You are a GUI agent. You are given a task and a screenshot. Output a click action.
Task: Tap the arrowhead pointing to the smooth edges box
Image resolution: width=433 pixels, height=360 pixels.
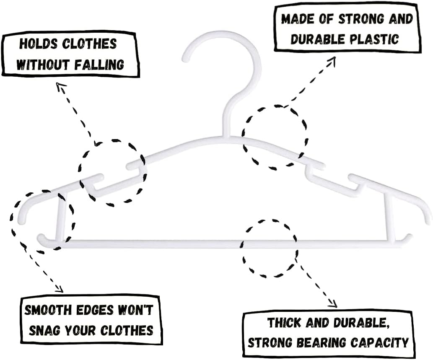pos(60,289)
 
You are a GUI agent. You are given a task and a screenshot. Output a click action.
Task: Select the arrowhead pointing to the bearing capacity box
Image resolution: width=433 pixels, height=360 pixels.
pos(333,304)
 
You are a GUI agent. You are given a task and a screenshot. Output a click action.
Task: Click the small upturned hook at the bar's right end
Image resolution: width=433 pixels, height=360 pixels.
pos(407,237)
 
